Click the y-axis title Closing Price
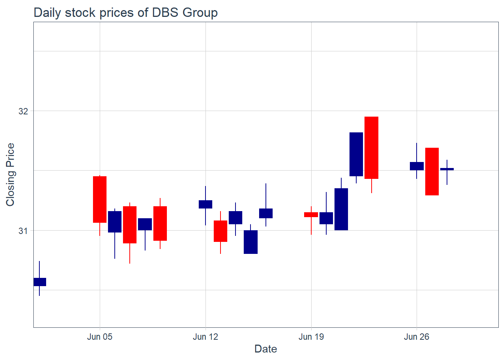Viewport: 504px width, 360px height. click(10, 174)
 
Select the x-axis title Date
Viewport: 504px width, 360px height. click(265, 349)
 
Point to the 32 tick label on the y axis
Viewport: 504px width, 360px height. click(23, 111)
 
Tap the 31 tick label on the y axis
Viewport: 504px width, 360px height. click(23, 231)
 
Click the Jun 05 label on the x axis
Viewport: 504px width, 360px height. click(100, 337)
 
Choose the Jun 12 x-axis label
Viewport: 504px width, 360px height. click(205, 337)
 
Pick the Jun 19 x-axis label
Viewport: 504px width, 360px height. click(311, 337)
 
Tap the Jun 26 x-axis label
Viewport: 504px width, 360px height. click(417, 337)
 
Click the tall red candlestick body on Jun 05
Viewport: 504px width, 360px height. click(100, 199)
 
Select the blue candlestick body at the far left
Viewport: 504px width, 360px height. click(40, 282)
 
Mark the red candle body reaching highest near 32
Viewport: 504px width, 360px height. click(371, 148)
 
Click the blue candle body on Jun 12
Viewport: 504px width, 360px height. click(205, 204)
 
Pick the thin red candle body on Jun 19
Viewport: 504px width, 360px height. click(311, 214)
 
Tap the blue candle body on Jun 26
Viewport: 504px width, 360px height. click(417, 166)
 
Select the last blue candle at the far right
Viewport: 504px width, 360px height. click(447, 169)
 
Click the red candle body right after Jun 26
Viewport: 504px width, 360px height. click(432, 171)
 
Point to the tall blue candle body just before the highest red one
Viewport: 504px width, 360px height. click(356, 154)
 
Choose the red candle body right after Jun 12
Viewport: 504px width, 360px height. click(220, 231)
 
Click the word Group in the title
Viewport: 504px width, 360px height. click(200, 13)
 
